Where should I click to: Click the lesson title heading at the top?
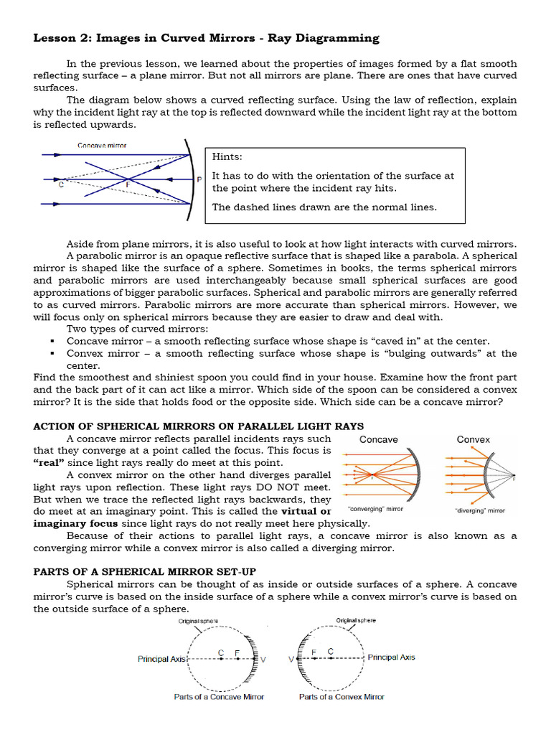(207, 38)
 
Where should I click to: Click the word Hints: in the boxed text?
(227, 156)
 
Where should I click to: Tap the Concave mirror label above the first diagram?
(103, 146)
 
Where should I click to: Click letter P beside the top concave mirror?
(198, 179)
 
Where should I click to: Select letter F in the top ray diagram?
(128, 184)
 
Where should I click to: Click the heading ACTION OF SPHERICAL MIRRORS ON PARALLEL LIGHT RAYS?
(199, 426)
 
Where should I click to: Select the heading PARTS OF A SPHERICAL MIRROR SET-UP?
(150, 571)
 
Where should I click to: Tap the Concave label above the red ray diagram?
(378, 439)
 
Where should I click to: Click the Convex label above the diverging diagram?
(474, 439)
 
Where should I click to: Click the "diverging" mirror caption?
(480, 510)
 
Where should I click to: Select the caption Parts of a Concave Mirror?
(219, 696)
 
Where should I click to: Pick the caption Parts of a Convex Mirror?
(342, 696)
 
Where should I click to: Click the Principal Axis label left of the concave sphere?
(162, 658)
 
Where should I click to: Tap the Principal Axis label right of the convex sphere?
(391, 657)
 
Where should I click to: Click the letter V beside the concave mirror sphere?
(263, 659)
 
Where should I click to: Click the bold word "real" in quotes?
(49, 463)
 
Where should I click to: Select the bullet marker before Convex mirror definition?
(53, 354)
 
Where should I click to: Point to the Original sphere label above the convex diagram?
(356, 620)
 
